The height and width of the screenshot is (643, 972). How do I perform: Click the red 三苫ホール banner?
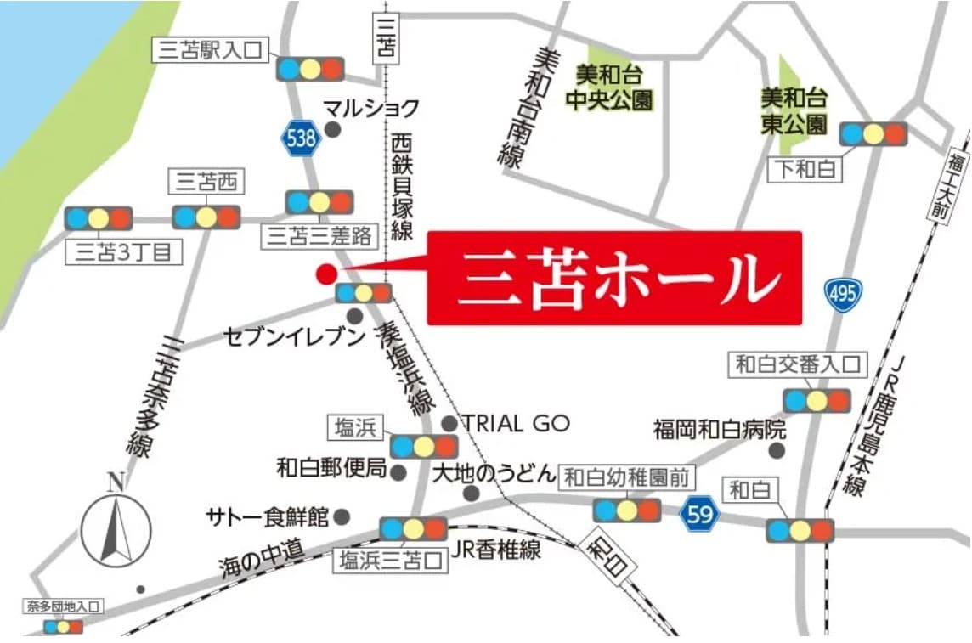613,278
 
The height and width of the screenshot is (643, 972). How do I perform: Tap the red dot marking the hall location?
325,274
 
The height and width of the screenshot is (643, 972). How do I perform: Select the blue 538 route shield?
301,138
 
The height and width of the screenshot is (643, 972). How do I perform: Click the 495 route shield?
843,294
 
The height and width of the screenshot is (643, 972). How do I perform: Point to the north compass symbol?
116,527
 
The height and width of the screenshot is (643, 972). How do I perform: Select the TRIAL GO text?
516,423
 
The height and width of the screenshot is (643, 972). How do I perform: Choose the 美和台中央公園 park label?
610,87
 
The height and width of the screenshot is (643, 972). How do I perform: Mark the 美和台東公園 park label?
794,111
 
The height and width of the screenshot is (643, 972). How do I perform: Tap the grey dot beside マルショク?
333,129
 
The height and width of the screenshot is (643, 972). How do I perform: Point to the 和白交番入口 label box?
797,366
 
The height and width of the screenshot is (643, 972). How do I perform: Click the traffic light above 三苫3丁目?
99,218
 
